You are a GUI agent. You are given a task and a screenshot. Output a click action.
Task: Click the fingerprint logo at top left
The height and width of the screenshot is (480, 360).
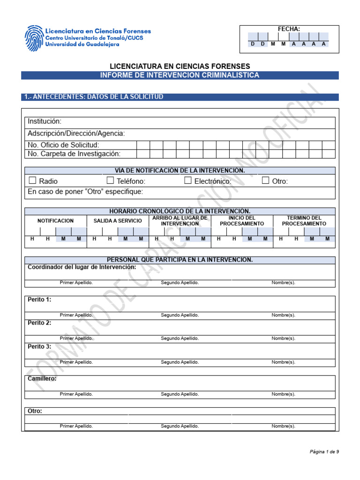(33, 37)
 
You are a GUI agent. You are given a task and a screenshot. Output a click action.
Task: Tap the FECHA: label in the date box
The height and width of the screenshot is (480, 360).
(289, 29)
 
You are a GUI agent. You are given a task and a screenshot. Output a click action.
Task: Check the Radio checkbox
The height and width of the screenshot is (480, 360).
(32, 180)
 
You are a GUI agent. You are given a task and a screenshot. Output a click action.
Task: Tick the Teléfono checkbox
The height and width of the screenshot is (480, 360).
(110, 180)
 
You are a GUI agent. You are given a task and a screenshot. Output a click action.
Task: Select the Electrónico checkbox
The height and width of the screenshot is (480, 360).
(188, 180)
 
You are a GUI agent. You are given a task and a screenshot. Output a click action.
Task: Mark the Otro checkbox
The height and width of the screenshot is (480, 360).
(265, 180)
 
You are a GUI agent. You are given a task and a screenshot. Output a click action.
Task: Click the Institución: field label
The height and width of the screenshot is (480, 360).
(45, 122)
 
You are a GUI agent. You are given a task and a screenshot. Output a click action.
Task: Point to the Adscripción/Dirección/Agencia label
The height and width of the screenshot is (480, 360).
(76, 134)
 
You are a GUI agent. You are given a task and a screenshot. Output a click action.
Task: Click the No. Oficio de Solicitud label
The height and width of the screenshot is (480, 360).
(63, 145)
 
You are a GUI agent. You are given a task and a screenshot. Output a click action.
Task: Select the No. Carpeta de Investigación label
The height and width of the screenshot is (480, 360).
(74, 154)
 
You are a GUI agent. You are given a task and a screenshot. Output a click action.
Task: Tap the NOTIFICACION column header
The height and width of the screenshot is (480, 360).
(55, 220)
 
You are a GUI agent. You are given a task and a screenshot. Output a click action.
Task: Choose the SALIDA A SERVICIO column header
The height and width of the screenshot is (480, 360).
(118, 220)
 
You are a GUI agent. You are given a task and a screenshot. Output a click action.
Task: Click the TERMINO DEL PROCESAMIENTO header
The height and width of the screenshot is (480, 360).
(304, 221)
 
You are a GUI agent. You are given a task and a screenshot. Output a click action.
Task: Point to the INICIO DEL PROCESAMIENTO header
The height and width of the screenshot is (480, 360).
(242, 221)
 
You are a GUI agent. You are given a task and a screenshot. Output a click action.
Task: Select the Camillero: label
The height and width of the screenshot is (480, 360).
(42, 379)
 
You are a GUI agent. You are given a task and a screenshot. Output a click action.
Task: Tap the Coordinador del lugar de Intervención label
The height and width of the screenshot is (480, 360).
(82, 267)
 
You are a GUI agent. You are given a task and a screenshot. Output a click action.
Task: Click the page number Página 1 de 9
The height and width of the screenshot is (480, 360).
(324, 451)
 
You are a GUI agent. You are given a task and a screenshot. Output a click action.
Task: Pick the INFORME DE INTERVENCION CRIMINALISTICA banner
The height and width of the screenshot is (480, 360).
(180, 75)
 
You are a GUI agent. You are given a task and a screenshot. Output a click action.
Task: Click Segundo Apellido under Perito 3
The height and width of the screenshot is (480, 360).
(180, 362)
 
